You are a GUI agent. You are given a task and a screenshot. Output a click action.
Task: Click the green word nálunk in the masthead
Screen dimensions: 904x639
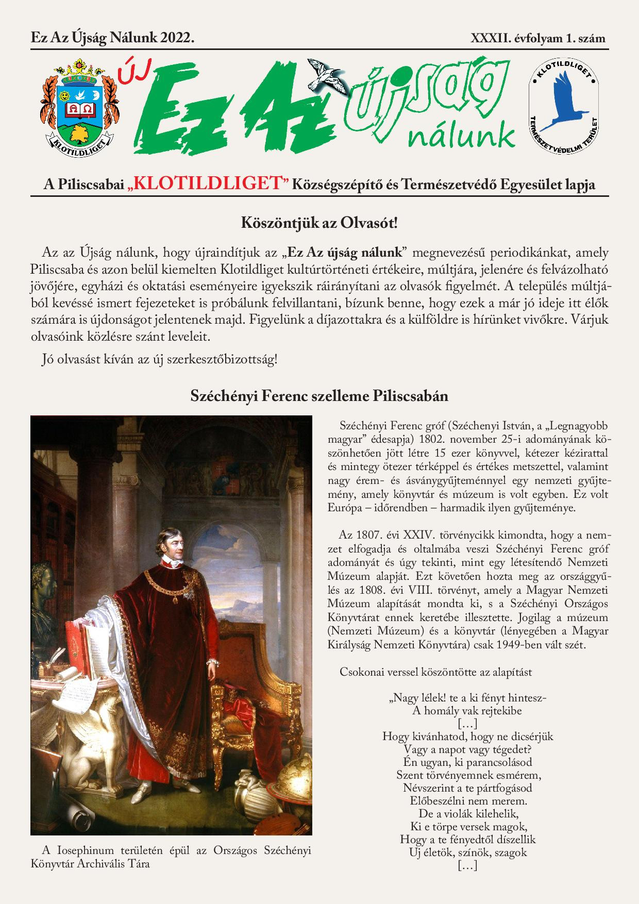(461, 137)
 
